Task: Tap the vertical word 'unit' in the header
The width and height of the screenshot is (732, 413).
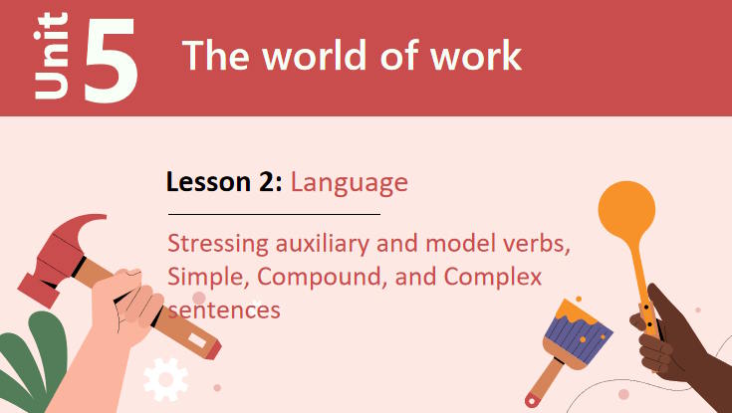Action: click(51, 58)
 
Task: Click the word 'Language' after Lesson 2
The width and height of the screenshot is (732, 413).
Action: click(350, 182)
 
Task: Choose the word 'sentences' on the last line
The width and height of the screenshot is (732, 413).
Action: click(224, 310)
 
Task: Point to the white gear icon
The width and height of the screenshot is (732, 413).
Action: click(165, 379)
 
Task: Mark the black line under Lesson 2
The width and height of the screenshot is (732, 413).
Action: click(274, 214)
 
